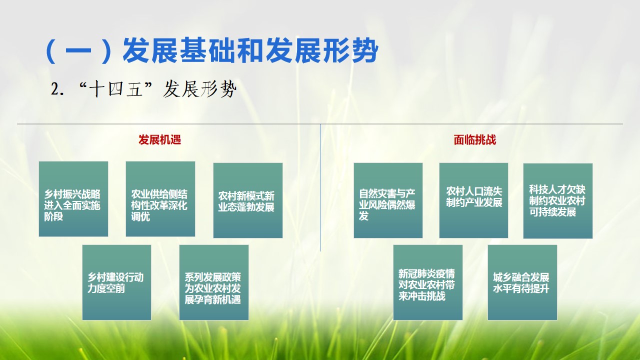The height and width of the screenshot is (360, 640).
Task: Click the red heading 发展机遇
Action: coord(159,139)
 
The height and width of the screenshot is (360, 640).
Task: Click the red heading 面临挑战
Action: coord(475,139)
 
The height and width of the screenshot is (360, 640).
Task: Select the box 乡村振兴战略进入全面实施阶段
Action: coord(73,199)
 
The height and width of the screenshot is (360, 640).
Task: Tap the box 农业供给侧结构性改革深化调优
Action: coord(160,199)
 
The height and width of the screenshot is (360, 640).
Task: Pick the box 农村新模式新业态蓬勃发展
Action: coord(248,200)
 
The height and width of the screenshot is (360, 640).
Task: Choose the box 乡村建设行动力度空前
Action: coord(116,282)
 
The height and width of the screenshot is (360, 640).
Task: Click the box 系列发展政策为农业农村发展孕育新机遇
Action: coord(213,282)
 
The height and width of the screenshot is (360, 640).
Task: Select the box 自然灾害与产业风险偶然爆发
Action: coord(388,200)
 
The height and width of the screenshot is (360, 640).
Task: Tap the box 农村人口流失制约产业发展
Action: coord(473,200)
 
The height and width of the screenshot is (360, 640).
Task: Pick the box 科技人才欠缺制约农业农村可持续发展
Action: coord(557,201)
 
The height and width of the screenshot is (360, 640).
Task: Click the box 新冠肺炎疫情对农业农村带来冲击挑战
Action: coord(427,282)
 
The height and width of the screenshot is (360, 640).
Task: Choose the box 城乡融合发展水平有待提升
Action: coord(522,282)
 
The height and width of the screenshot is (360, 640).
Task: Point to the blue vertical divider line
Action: coord(320,187)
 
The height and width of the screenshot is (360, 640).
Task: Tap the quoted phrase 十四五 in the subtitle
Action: coord(115,89)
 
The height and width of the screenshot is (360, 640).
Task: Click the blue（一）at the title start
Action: coord(78,51)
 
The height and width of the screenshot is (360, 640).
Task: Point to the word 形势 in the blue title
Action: coord(350,50)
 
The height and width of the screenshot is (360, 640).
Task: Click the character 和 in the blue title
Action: coord(250,50)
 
